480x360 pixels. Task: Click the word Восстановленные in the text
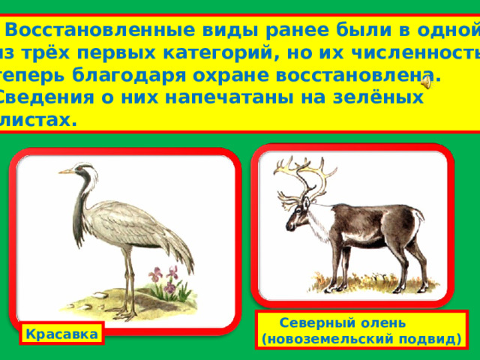[100, 30]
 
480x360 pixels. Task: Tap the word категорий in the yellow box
[217, 54]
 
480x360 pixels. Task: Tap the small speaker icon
[427, 82]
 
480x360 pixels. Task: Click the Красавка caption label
[61, 334]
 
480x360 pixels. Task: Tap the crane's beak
[67, 172]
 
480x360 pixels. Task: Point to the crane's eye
[79, 168]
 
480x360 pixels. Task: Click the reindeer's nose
[288, 226]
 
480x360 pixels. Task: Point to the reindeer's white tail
[418, 216]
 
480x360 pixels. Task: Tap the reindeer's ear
[305, 203]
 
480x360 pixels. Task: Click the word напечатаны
[227, 98]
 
